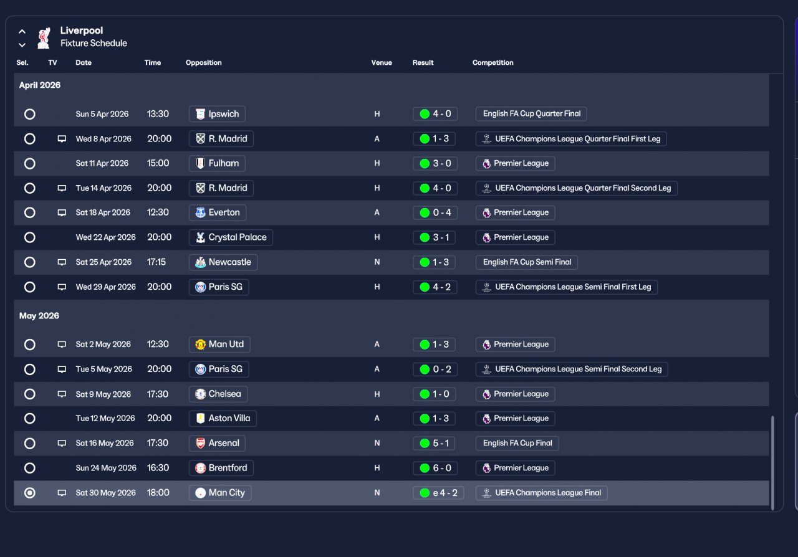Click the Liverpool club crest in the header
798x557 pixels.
coord(44,37)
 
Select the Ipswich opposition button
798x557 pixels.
coord(217,114)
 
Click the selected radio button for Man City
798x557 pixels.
coord(29,493)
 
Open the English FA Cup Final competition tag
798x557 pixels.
coord(517,443)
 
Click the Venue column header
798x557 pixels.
coord(382,63)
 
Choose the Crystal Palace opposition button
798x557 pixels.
coord(231,237)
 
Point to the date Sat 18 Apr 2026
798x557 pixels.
coord(103,212)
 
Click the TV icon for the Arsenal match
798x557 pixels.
coord(62,444)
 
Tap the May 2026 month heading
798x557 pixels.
coord(39,316)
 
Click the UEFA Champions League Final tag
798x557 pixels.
coord(542,493)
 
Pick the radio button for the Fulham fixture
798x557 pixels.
coord(29,163)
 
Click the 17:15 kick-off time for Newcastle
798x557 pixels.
coord(156,262)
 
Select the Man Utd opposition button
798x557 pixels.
coord(219,345)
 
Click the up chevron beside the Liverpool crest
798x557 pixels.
coord(22,32)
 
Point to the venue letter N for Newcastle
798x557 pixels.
coord(377,262)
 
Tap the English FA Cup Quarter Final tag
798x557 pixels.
coord(531,114)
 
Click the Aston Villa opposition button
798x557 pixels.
coord(223,419)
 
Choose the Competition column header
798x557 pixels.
coord(493,63)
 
